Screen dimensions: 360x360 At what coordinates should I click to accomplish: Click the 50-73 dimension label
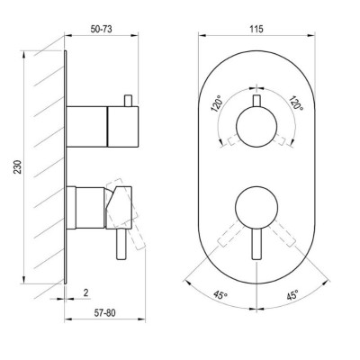click(101, 29)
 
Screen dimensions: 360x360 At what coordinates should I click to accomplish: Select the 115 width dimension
click(256, 29)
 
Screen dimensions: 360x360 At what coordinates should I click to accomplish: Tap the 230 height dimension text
click(18, 166)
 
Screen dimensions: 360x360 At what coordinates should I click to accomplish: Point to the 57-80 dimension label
click(104, 313)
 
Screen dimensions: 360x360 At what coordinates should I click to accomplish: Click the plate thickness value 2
click(85, 292)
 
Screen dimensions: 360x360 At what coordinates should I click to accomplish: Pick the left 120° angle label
click(217, 103)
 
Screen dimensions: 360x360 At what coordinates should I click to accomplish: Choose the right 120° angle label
click(296, 103)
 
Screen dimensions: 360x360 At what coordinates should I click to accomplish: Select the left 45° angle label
click(220, 295)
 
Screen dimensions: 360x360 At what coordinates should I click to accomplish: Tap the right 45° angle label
click(292, 295)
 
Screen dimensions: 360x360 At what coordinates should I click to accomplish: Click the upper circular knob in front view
click(256, 127)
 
